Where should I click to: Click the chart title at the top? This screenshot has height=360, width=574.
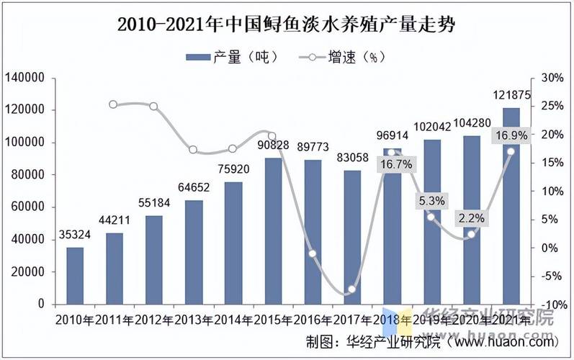[287, 24]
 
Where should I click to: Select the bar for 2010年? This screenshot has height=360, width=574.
[75, 275]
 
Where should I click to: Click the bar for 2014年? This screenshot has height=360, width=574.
[233, 243]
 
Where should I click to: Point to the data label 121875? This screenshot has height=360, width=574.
[511, 96]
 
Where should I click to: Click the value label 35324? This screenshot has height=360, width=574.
[75, 235]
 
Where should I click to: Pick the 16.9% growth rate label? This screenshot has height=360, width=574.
[511, 135]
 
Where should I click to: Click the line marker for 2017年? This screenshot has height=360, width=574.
[352, 289]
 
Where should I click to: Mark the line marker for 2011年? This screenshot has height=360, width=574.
[114, 104]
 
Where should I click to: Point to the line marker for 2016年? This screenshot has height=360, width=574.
[313, 253]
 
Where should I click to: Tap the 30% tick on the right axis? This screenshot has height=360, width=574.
[551, 78]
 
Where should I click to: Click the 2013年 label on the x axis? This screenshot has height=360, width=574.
[194, 319]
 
